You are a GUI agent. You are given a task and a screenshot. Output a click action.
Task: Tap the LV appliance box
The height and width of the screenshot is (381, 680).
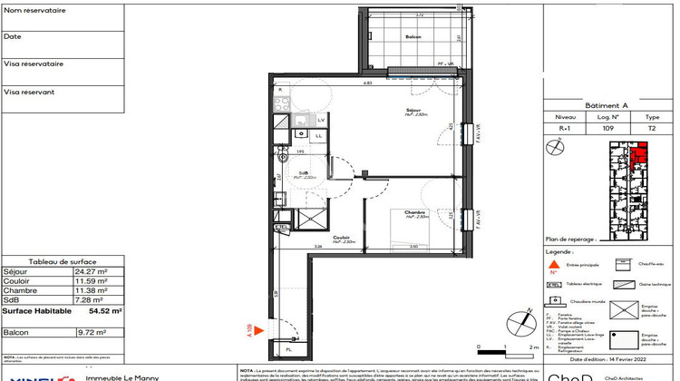[321, 120]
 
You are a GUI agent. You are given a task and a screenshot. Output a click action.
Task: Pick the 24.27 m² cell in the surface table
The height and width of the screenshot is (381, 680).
[90, 271]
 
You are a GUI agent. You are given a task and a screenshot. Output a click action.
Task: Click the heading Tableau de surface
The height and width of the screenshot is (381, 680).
[61, 260]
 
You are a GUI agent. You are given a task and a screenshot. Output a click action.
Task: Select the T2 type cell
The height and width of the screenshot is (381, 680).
[651, 129]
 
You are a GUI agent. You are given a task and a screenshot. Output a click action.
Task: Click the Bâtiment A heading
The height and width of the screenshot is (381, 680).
[609, 106]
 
